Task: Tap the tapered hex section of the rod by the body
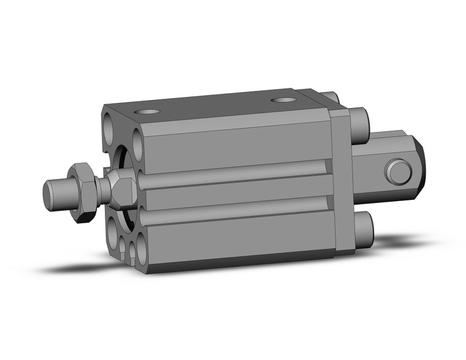click(119, 187)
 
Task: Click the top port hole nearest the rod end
click(148, 112)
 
